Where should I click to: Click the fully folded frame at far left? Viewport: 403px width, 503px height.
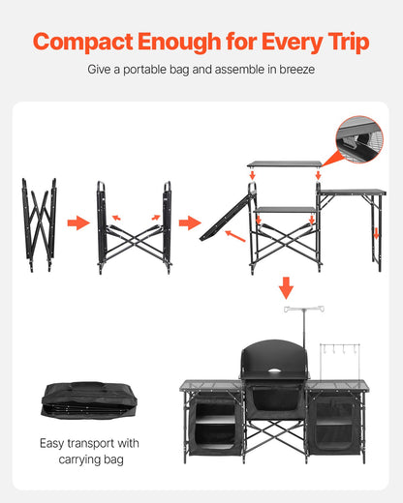39,222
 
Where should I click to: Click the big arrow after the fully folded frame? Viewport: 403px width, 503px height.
77,223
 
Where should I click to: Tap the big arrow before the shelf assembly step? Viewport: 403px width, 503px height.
188,223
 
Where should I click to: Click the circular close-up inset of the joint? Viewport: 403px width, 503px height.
359,139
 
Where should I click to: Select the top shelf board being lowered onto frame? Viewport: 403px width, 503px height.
284,164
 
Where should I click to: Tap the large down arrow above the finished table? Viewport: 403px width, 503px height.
286,287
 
